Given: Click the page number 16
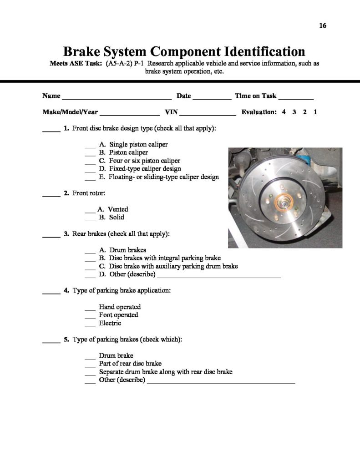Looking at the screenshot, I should tap(323, 26).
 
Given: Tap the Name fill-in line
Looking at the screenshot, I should tap(116, 98).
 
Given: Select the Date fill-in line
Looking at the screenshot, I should tap(212, 98).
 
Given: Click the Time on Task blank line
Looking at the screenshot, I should tap(295, 98).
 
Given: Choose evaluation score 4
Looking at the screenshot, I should tap(284, 112).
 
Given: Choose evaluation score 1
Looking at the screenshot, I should tap(315, 112).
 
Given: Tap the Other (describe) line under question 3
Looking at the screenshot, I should tap(219, 276).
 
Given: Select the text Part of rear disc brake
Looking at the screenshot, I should tap(130, 364).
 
